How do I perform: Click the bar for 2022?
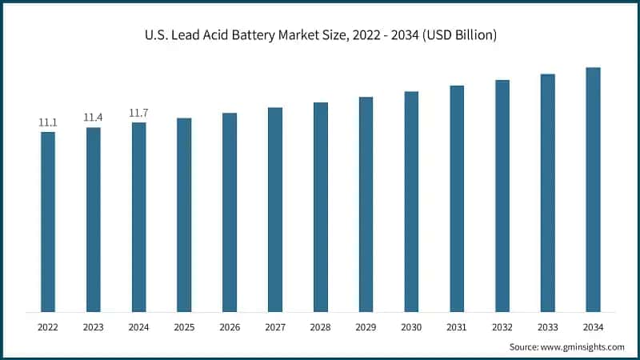(48, 222)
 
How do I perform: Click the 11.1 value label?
(48, 122)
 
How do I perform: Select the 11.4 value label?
(94, 118)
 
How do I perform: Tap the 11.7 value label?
(139, 113)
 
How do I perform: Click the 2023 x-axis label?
(94, 326)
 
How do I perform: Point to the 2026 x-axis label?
(230, 326)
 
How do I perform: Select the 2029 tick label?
(366, 326)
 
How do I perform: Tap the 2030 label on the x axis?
(411, 326)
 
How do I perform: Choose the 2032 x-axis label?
(502, 326)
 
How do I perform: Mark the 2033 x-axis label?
(547, 326)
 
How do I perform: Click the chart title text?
(320, 35)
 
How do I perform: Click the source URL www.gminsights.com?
(582, 346)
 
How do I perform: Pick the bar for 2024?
(139, 217)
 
